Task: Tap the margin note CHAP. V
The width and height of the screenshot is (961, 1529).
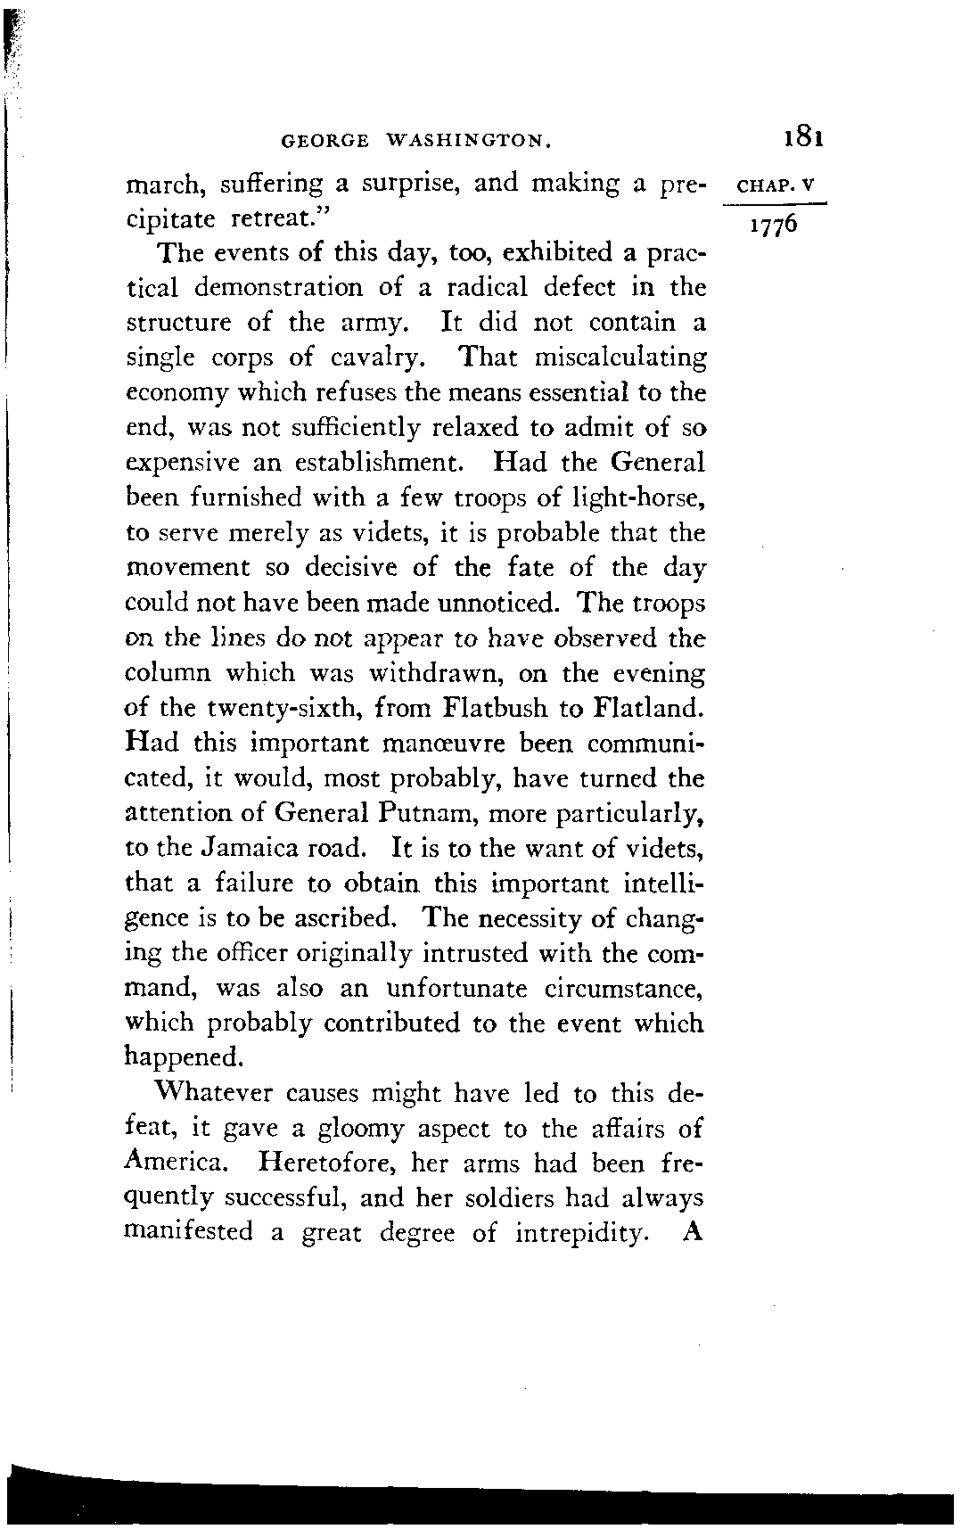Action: (x=777, y=188)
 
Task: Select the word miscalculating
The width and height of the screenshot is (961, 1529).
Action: (x=620, y=358)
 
